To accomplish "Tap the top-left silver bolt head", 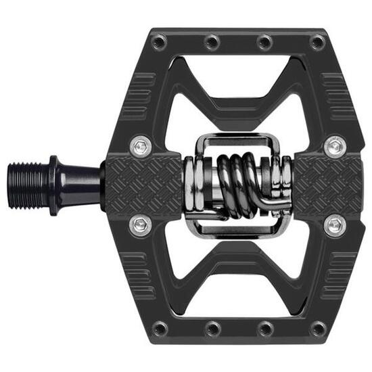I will tap(141, 145).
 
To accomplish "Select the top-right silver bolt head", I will tap(334, 145).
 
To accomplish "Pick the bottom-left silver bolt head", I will tap(141, 225).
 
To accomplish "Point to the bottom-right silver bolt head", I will tap(334, 225).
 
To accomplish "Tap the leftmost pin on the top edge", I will tap(159, 43).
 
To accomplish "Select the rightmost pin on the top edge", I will tap(317, 43).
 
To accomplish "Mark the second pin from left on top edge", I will tap(212, 43).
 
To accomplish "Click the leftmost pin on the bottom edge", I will tap(159, 329).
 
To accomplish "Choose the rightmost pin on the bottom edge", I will tap(317, 329).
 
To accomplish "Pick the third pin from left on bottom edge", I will tap(264, 329).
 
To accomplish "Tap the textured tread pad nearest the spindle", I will tap(143, 184).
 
